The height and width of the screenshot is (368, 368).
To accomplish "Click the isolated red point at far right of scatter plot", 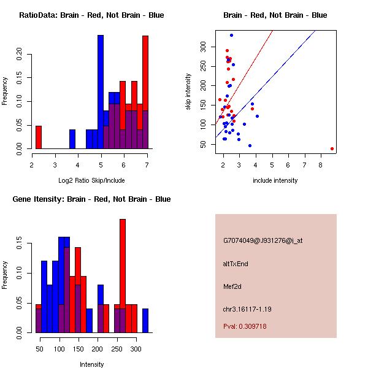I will pyautogui.click(x=332, y=148).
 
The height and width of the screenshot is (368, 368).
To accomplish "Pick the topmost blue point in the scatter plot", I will pyautogui.click(x=231, y=36).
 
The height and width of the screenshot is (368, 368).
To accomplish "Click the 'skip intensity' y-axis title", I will pyautogui.click(x=188, y=92).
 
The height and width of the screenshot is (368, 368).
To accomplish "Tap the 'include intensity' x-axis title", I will pyautogui.click(x=275, y=180).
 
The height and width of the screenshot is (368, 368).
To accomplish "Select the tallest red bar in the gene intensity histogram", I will pyautogui.click(x=123, y=276).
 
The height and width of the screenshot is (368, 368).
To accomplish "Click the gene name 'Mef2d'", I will pyautogui.click(x=233, y=286).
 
